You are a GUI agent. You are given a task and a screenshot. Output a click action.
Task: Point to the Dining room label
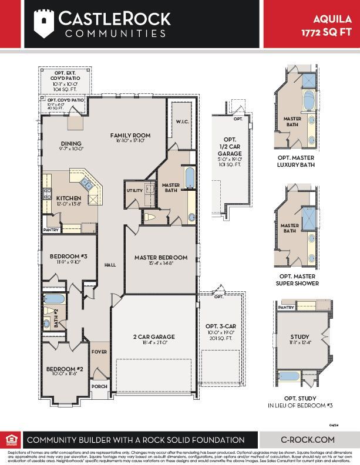pos(71,144)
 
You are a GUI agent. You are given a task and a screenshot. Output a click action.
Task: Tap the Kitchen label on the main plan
pos(68,198)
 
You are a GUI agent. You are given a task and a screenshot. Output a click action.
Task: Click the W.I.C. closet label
pos(181,122)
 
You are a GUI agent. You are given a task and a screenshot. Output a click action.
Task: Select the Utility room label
pos(134,191)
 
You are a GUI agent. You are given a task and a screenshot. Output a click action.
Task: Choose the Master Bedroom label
pos(160,257)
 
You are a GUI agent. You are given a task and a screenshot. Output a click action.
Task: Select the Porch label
pos(99,386)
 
